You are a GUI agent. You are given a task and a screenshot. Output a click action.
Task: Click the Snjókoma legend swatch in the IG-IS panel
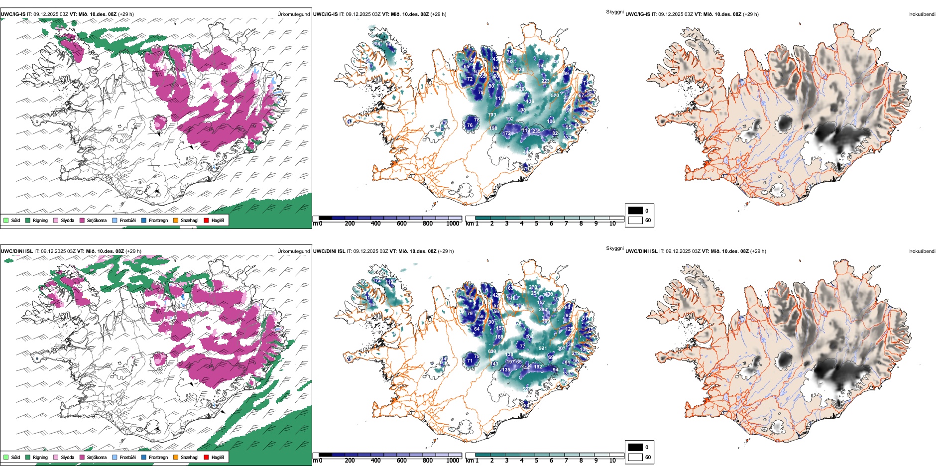[82, 220]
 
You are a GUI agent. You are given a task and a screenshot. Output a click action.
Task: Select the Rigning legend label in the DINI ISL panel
[40, 457]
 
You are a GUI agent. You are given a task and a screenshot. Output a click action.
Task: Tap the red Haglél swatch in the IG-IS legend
[207, 220]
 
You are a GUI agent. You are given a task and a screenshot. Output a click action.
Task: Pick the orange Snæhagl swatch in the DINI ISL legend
[176, 457]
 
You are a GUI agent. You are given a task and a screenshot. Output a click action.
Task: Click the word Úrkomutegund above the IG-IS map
[293, 14]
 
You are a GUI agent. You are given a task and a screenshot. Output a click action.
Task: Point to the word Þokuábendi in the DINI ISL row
[922, 251]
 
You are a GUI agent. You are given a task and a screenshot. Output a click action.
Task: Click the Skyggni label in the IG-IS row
[614, 11]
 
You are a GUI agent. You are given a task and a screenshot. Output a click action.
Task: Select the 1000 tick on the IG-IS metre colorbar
[453, 224]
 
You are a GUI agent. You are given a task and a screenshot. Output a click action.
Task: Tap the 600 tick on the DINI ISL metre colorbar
[402, 461]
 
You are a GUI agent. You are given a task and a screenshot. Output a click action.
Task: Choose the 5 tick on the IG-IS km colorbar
[536, 224]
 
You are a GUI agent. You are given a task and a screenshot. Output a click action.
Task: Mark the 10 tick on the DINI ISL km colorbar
[612, 461]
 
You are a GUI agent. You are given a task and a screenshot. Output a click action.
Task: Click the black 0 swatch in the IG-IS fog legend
[635, 211]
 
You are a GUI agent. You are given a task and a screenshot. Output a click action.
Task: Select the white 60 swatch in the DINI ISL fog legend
[635, 457]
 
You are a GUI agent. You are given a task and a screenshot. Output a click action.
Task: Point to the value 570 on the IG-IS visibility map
[555, 96]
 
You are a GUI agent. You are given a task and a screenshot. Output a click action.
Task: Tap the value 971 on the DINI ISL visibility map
[543, 349]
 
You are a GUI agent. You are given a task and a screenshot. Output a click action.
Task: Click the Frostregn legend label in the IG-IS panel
[158, 220]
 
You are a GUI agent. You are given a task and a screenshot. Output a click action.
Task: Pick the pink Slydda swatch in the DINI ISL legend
[56, 457]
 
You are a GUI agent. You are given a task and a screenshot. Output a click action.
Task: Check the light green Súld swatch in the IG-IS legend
[6, 220]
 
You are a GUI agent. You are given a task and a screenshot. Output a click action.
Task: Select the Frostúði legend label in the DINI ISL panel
[127, 457]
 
